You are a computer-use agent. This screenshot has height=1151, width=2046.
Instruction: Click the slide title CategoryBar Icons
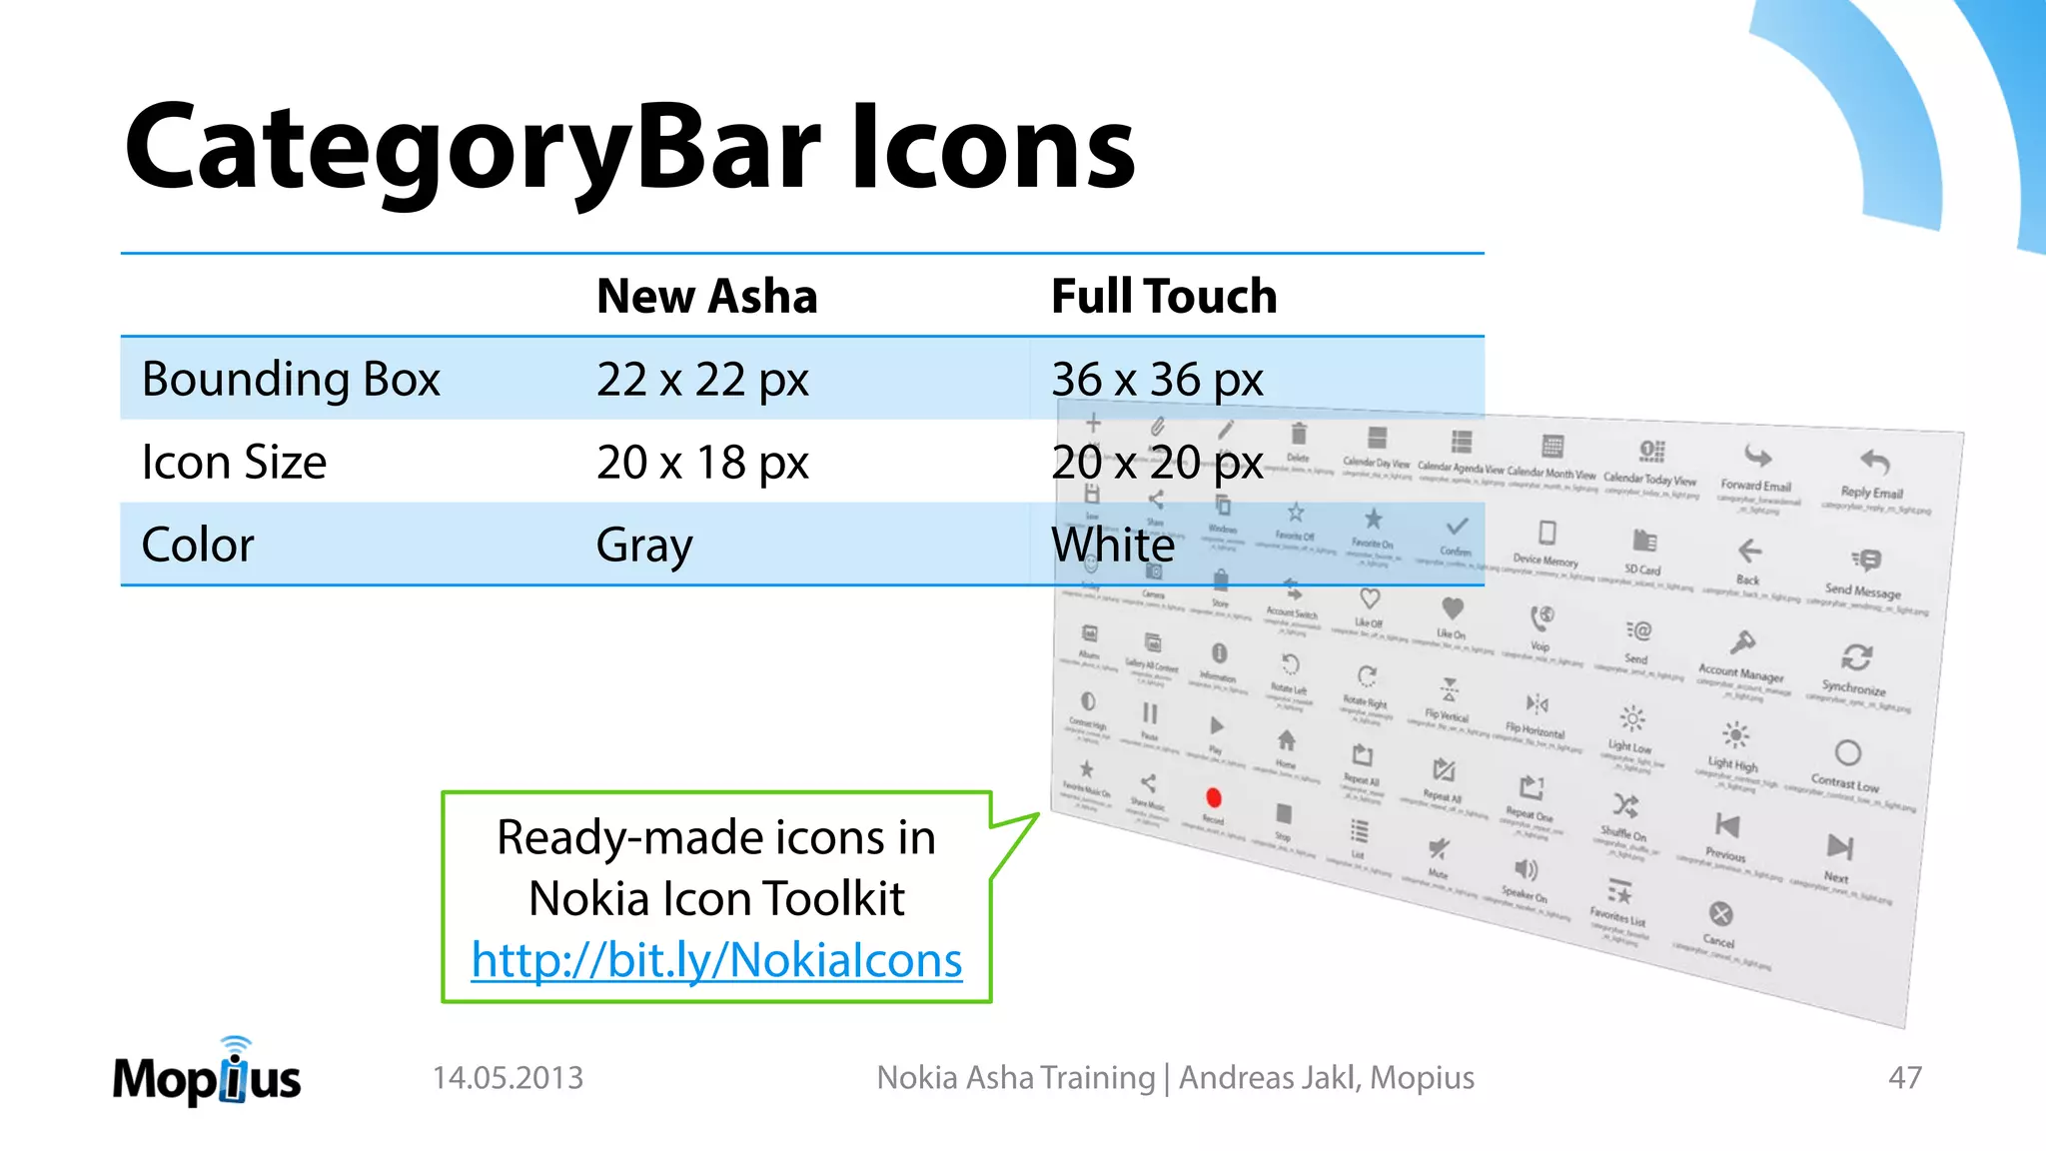pyautogui.click(x=629, y=148)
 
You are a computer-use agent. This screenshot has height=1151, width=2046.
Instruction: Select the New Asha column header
pyautogui.click(x=706, y=296)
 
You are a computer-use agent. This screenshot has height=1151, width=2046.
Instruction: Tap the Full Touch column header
pyautogui.click(x=1163, y=296)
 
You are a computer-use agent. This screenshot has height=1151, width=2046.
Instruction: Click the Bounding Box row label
pyautogui.click(x=291, y=380)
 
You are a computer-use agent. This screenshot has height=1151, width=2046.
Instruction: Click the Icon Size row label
pyautogui.click(x=234, y=463)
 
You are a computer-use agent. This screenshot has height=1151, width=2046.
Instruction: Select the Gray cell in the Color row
pyautogui.click(x=643, y=546)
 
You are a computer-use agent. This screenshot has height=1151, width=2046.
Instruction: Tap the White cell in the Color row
pyautogui.click(x=1112, y=546)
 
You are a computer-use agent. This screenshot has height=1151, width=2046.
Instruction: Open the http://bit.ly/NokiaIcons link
pyautogui.click(x=716, y=960)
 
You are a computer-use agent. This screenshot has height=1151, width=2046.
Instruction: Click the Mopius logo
pyautogui.click(x=207, y=1074)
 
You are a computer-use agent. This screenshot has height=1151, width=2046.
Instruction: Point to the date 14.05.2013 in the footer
pyautogui.click(x=508, y=1078)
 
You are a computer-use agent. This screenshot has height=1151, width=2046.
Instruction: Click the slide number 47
pyautogui.click(x=1904, y=1078)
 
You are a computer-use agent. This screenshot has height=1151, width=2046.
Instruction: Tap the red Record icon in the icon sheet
pyautogui.click(x=1214, y=797)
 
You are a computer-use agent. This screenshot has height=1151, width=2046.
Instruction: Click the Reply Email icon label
pyautogui.click(x=1871, y=493)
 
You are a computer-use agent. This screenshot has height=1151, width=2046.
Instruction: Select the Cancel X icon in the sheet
pyautogui.click(x=1720, y=913)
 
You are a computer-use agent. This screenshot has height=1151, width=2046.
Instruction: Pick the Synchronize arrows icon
pyautogui.click(x=1856, y=657)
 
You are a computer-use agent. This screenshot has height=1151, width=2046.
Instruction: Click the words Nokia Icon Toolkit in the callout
pyautogui.click(x=716, y=898)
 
